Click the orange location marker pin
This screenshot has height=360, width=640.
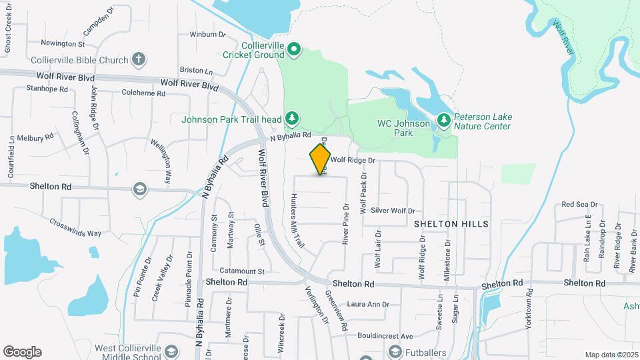[x=320, y=159]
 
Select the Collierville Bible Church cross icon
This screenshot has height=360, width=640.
[x=138, y=60]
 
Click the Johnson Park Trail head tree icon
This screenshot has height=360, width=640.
[x=291, y=119]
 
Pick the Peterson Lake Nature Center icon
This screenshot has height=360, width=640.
[x=444, y=120]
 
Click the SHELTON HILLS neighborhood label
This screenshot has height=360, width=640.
[x=451, y=224]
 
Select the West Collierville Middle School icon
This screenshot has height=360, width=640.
[x=171, y=351]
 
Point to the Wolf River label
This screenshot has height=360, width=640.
[x=563, y=37]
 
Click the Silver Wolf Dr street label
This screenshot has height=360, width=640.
[x=393, y=209]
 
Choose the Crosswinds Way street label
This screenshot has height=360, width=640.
[x=75, y=227]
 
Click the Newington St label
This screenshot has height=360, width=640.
[x=63, y=44]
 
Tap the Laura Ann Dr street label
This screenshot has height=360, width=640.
[x=368, y=305]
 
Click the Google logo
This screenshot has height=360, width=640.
[x=22, y=352]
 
